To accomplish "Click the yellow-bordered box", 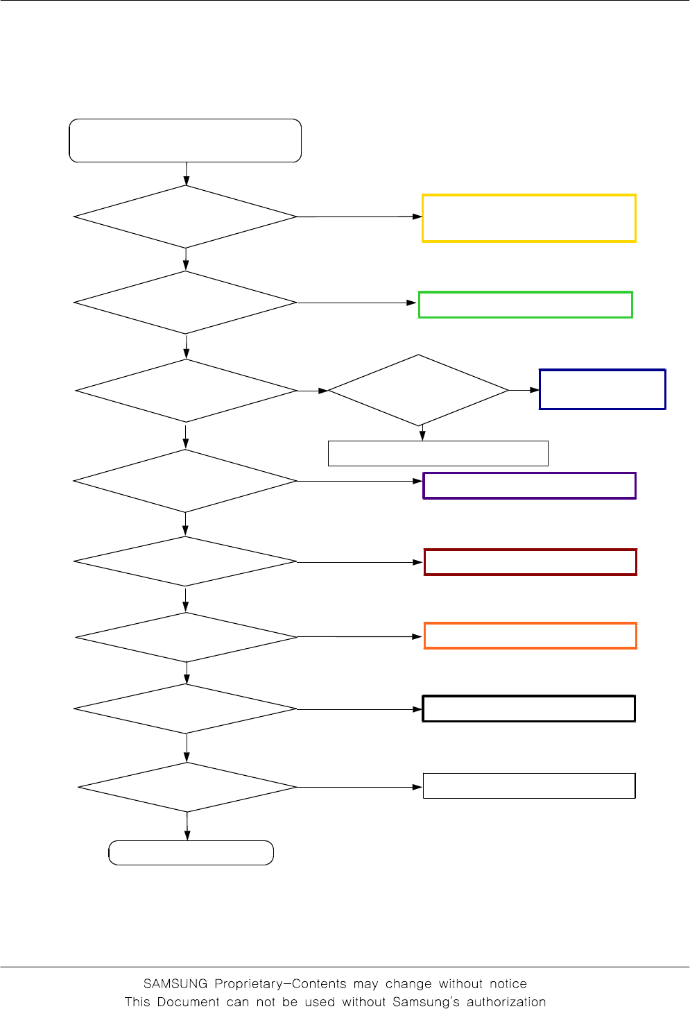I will click(529, 218).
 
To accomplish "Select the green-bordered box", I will click(526, 305).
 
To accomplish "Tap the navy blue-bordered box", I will click(602, 389).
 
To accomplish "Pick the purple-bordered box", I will click(529, 486).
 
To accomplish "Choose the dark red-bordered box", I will click(530, 562).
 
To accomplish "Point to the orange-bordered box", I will click(530, 636).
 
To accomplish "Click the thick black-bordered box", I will click(528, 709).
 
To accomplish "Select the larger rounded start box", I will click(185, 140).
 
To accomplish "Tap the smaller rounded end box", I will click(191, 853).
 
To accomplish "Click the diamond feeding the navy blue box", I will click(418, 390).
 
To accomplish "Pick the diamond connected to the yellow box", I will click(186, 217).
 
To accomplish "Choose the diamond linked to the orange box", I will click(187, 637).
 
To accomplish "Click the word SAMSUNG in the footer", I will click(175, 984).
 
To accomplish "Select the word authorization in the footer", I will click(506, 1002).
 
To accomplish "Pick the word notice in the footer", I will click(508, 984).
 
